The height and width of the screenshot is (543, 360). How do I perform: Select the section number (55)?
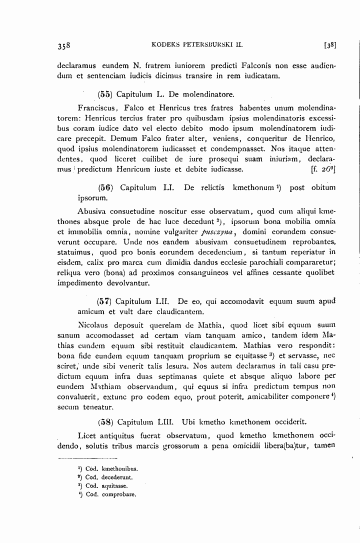[x=104, y=93]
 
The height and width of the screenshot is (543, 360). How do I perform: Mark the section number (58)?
[x=104, y=420]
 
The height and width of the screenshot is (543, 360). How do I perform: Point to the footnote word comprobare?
[x=118, y=494]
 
